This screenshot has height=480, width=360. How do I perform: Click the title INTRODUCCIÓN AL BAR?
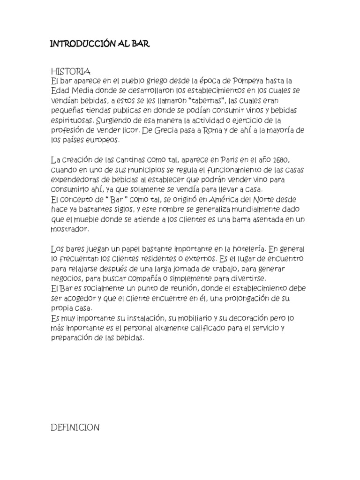pyautogui.click(x=100, y=45)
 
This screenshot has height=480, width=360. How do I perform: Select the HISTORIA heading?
pyautogui.click(x=70, y=71)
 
